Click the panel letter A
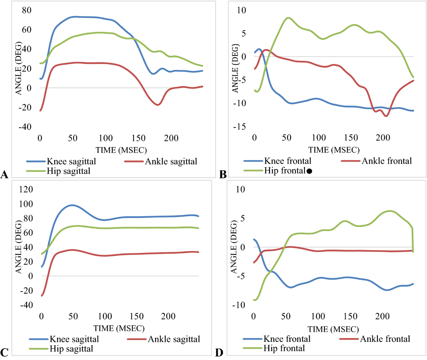(x=5, y=174)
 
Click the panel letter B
(x=223, y=174)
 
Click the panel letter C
(x=4, y=353)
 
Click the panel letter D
(x=219, y=353)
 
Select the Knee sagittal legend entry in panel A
(x=71, y=162)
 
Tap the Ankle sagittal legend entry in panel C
(x=174, y=339)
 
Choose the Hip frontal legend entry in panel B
(x=284, y=171)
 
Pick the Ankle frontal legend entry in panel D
(x=385, y=339)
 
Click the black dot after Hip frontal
(x=309, y=171)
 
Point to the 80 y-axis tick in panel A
(x=27, y=10)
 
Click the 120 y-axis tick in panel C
(x=26, y=189)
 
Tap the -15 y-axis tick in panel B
(x=239, y=127)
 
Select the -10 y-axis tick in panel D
(x=238, y=305)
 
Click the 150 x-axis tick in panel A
(x=138, y=138)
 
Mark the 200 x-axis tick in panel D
(x=383, y=316)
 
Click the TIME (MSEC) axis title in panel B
(x=334, y=150)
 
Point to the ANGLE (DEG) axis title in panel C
(x=19, y=246)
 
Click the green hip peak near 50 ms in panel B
(x=288, y=17)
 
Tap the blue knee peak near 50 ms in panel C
(x=72, y=205)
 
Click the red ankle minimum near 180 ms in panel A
(x=157, y=105)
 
